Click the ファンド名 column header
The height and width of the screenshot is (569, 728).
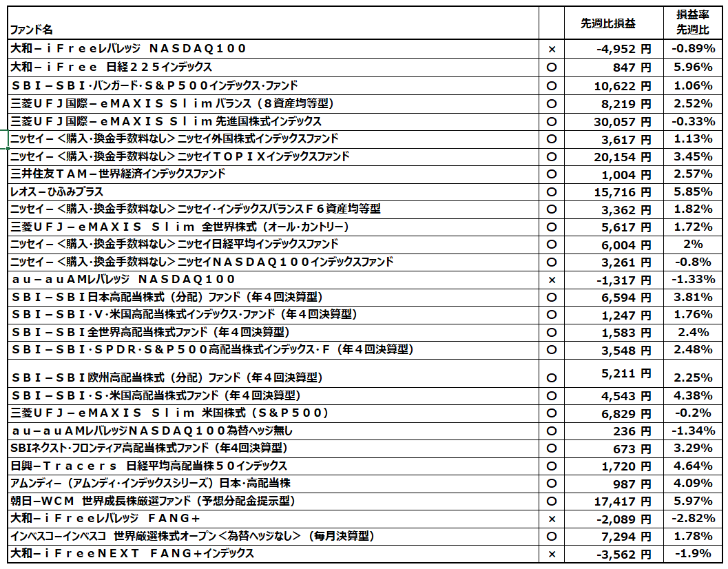pyautogui.click(x=30, y=30)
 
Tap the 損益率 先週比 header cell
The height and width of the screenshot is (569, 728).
pyautogui.click(x=692, y=23)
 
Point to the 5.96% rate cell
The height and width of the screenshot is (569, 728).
pyautogui.click(x=694, y=68)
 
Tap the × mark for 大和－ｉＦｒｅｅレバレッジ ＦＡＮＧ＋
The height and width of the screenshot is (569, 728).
pyautogui.click(x=551, y=519)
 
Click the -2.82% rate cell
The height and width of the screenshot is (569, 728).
pyautogui.click(x=692, y=519)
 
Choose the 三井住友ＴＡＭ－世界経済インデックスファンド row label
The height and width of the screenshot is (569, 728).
pyautogui.click(x=118, y=174)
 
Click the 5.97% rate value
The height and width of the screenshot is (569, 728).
pyautogui.click(x=694, y=501)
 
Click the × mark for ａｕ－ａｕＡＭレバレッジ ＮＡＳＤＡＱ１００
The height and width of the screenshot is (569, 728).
pyautogui.click(x=551, y=280)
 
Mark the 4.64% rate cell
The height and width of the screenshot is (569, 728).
pyautogui.click(x=694, y=466)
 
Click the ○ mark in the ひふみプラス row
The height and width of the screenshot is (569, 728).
pyautogui.click(x=551, y=192)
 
